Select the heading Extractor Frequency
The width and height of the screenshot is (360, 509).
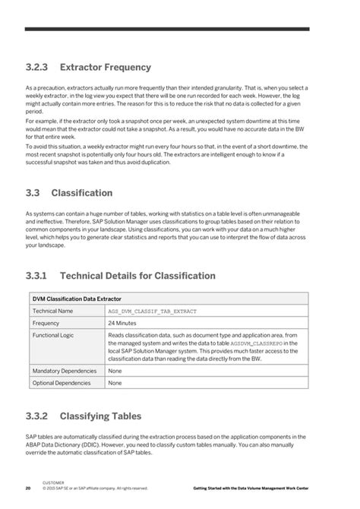coord(113,68)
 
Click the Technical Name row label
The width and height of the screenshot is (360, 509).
coord(53,311)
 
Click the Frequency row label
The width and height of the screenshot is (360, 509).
coord(46,323)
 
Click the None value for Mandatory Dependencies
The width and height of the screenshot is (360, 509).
coord(115,371)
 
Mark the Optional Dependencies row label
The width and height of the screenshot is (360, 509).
coord(61,383)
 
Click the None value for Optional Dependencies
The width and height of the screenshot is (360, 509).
coord(115,383)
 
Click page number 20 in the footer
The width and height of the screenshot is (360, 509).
coord(27,488)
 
